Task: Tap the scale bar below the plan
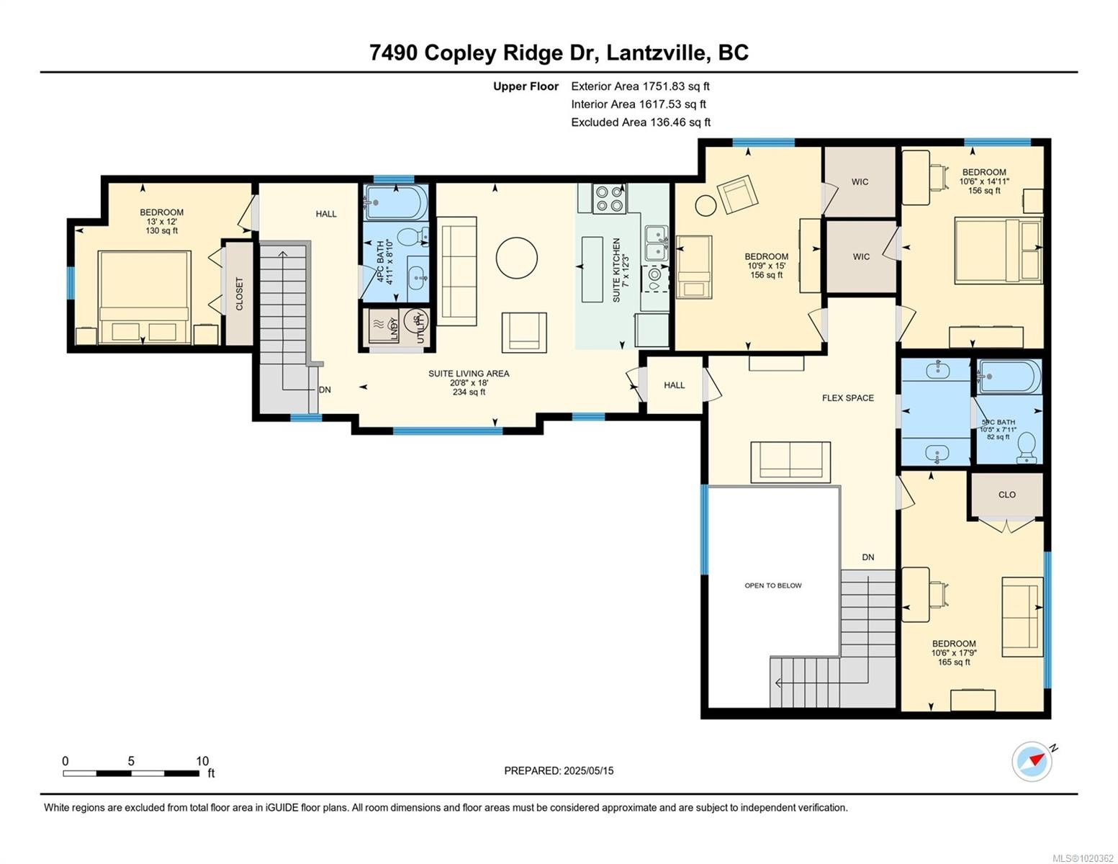[x=131, y=773]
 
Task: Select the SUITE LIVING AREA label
[x=469, y=374]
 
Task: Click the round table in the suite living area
[x=517, y=257]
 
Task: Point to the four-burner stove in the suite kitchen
[x=609, y=199]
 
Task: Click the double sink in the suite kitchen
[x=655, y=243]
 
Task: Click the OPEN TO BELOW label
[x=772, y=585]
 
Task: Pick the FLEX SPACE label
[x=848, y=397]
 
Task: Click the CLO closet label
[x=1006, y=495]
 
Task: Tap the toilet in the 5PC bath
[x=1028, y=448]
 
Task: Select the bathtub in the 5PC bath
[x=1009, y=377]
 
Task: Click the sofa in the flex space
[x=790, y=461]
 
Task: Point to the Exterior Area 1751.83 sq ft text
[x=640, y=86]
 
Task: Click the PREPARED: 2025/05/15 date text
[x=559, y=770]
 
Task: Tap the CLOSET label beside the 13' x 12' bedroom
[x=238, y=294]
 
